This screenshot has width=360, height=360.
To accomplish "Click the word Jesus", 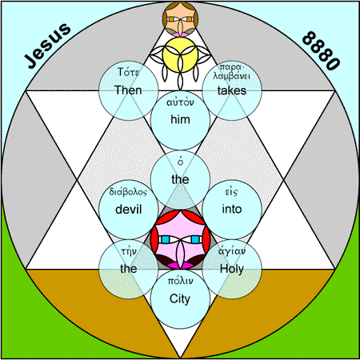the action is (x=47, y=46).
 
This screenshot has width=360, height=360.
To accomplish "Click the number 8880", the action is (x=321, y=50).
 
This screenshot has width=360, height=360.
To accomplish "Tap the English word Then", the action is (x=128, y=90).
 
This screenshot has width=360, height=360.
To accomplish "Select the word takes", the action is (x=232, y=90).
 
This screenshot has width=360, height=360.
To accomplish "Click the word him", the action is (x=180, y=119).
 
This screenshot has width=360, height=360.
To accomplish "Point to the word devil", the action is (x=128, y=210).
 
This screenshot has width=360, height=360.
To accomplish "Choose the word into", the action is (x=232, y=209).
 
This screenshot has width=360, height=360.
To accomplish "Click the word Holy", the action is (x=232, y=269).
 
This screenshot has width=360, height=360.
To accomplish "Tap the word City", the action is (x=180, y=299).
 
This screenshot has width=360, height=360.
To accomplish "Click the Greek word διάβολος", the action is (x=128, y=192).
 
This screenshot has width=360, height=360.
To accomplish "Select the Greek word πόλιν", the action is (x=180, y=282).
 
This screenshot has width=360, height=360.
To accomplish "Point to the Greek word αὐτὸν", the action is (x=180, y=102).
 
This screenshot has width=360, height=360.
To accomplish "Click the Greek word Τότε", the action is (x=128, y=72).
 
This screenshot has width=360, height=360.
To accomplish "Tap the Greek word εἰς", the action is (x=231, y=192).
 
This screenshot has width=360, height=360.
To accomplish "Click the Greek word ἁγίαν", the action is (x=232, y=251).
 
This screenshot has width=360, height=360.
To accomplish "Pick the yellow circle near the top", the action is (x=180, y=55).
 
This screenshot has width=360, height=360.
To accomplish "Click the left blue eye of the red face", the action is (x=166, y=239).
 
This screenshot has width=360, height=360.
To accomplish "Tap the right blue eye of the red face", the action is (x=195, y=239).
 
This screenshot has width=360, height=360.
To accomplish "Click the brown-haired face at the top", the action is (x=180, y=18).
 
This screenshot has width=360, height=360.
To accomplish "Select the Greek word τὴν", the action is (x=129, y=252).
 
